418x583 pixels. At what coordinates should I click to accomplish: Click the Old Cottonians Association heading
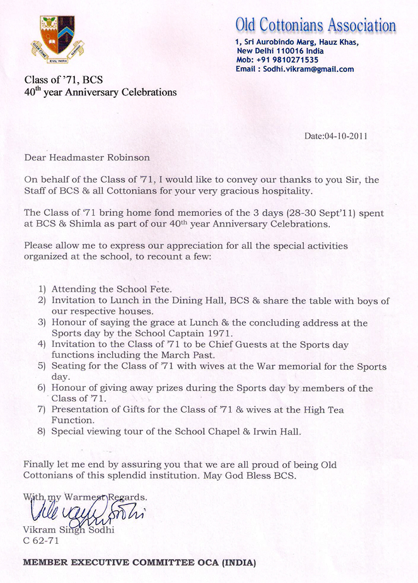[315, 25]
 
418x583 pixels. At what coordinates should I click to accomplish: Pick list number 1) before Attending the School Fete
[42, 288]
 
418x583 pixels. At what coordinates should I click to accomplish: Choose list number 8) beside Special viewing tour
[42, 432]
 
